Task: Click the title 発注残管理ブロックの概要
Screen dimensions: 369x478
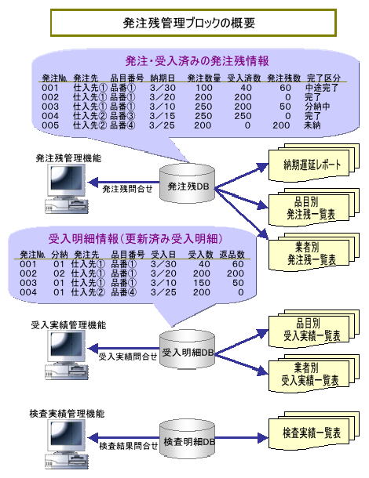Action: pos(188,24)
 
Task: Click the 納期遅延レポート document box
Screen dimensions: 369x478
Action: pos(313,163)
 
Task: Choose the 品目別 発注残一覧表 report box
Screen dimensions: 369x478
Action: pos(313,208)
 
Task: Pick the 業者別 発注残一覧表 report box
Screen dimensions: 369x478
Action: pos(313,252)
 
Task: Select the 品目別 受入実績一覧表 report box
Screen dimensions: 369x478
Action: pos(313,329)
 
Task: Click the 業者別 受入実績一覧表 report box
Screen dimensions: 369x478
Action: pos(313,374)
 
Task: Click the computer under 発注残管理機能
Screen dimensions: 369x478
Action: pos(67,189)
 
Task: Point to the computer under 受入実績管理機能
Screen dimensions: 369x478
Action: pos(67,355)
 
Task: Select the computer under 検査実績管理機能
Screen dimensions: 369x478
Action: pos(67,444)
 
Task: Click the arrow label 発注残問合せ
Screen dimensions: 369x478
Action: pos(127,189)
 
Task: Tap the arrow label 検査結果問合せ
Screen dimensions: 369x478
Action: pos(128,446)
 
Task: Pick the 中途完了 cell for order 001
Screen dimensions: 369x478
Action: pos(322,88)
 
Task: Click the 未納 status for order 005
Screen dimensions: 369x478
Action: pos(312,125)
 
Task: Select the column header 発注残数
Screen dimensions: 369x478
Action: pos(283,78)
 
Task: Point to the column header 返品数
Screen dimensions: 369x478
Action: pos(232,255)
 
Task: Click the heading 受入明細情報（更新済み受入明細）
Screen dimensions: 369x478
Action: pos(135,239)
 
